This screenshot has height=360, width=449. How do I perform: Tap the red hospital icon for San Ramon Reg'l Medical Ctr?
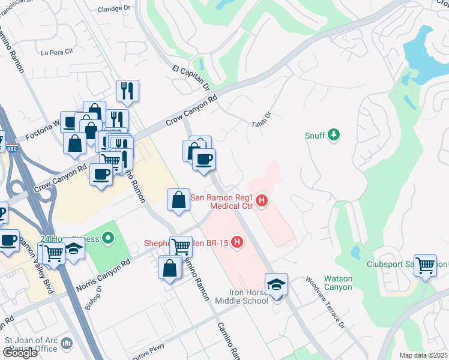click(261, 201)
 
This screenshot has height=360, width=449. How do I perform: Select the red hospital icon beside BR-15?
click(238, 242)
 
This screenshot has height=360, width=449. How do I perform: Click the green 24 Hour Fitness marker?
click(108, 239)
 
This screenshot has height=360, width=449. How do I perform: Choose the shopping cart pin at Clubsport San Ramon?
click(425, 264)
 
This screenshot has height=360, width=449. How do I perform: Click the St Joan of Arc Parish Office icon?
click(67, 344)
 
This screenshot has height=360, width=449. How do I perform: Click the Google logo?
click(20, 353)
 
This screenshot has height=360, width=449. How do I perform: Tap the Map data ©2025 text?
click(424, 355)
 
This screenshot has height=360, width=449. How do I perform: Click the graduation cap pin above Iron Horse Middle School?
click(276, 284)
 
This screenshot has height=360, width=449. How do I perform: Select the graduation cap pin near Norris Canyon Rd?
click(73, 250)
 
